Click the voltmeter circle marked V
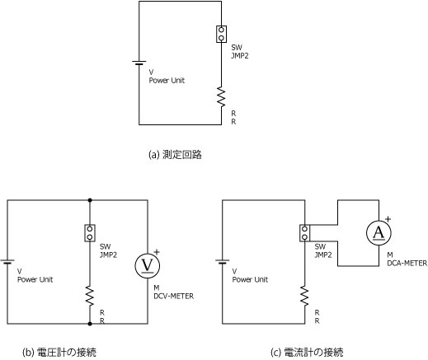(x=148, y=265)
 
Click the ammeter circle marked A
(x=379, y=233)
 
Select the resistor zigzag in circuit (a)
(x=221, y=97)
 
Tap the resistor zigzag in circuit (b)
(x=90, y=296)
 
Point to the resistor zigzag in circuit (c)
(x=304, y=296)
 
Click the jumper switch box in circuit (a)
(x=221, y=34)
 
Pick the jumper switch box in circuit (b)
(x=90, y=233)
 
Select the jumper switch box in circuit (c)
(x=304, y=233)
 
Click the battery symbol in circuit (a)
(x=139, y=63)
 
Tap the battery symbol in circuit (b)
(x=7, y=262)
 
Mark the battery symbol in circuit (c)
(x=222, y=262)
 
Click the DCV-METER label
(x=174, y=296)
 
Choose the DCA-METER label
(x=407, y=263)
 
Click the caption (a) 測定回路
(x=175, y=155)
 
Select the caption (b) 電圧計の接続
(x=59, y=353)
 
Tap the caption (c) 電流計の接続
(x=308, y=353)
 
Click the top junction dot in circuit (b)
(x=90, y=200)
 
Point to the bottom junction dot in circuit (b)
(x=90, y=324)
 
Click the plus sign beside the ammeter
(x=388, y=219)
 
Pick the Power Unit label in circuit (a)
(x=167, y=81)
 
